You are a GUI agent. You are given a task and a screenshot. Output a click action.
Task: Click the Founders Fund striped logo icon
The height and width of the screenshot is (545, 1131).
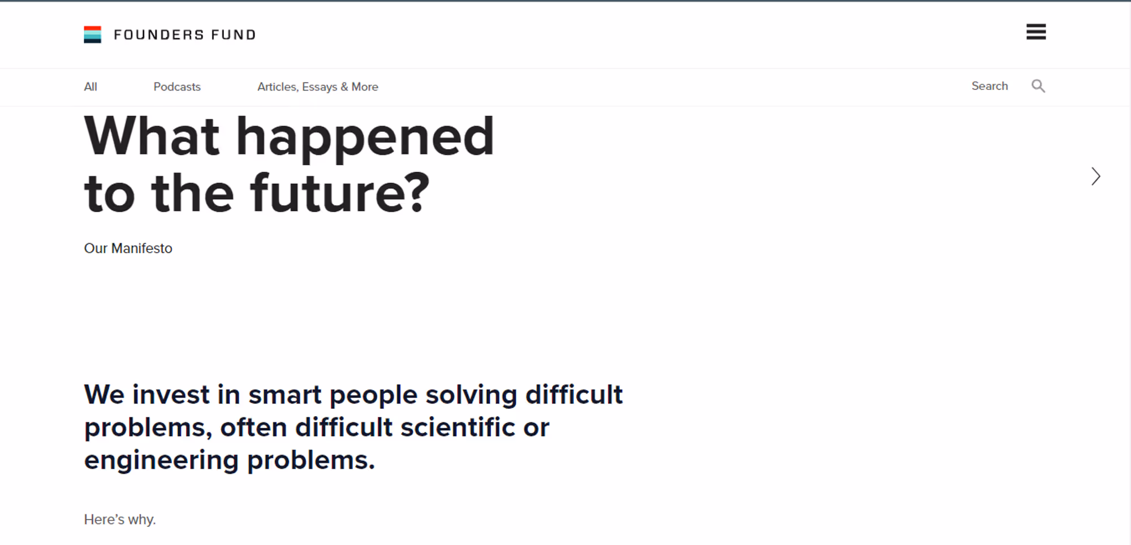(x=92, y=34)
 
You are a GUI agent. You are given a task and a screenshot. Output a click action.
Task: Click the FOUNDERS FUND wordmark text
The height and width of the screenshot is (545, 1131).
(x=185, y=35)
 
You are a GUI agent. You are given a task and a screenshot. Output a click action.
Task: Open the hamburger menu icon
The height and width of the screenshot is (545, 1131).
(x=1036, y=32)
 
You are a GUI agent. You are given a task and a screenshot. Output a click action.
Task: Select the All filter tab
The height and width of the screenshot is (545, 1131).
(x=90, y=87)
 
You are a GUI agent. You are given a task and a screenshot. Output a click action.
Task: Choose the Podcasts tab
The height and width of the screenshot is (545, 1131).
(x=177, y=87)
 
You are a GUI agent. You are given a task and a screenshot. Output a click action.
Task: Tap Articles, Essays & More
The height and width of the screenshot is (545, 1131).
(x=318, y=87)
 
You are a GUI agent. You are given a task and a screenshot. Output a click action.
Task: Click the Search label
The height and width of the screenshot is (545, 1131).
(x=990, y=86)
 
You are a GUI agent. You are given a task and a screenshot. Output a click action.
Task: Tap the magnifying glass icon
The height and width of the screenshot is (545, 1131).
(x=1038, y=86)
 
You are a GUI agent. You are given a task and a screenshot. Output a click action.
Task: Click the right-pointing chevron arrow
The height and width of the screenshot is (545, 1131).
(x=1096, y=176)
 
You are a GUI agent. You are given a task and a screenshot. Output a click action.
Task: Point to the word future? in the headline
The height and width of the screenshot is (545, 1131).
(x=340, y=193)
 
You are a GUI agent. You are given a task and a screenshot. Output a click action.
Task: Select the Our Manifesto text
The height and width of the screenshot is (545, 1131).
(x=128, y=248)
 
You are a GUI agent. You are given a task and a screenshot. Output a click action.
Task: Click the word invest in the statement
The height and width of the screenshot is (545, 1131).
(x=171, y=395)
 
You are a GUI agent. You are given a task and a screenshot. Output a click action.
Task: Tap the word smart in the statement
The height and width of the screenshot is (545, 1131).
(x=285, y=395)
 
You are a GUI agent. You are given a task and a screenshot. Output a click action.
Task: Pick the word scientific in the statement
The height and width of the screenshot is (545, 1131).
(x=458, y=427)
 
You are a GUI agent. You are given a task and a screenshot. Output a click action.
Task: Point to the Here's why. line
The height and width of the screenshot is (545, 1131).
(x=120, y=520)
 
